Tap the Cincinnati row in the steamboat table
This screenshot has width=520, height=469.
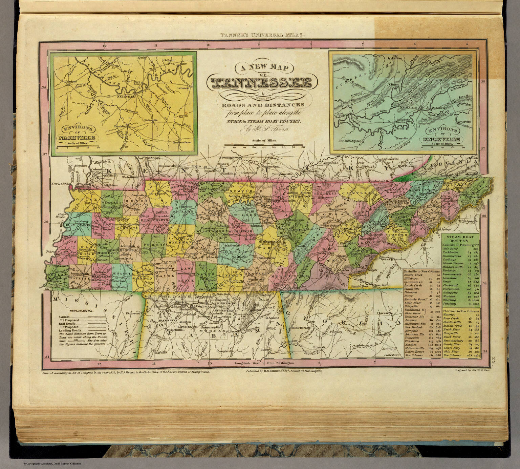(x=454, y=286)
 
